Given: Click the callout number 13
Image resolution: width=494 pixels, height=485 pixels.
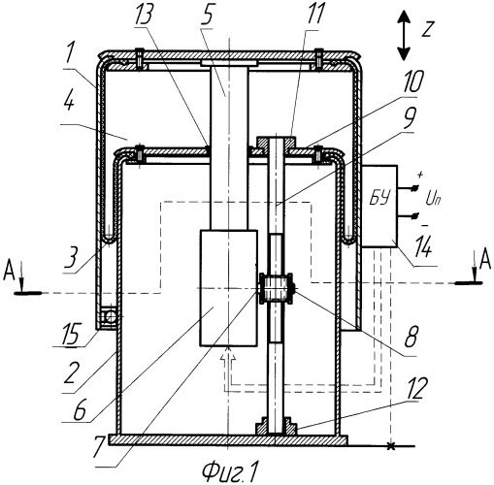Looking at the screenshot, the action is [x=144, y=15].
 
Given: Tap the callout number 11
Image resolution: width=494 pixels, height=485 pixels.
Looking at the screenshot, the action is [x=314, y=13].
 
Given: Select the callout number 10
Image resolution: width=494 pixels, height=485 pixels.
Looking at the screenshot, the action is [x=412, y=81].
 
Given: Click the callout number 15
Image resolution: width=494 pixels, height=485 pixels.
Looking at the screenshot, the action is [x=71, y=334].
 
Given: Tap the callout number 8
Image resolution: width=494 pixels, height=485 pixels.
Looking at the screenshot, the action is [x=412, y=337].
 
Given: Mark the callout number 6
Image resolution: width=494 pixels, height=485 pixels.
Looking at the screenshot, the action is [x=80, y=410].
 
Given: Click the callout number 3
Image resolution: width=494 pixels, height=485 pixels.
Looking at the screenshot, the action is [x=71, y=258].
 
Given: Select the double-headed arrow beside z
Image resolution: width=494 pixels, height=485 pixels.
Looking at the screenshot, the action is [x=404, y=36].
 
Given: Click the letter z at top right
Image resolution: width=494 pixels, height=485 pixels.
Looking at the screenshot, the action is [x=428, y=28].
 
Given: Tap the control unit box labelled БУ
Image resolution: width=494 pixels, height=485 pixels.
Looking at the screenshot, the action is [x=379, y=207].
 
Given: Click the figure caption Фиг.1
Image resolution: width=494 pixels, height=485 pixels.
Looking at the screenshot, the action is [x=231, y=472].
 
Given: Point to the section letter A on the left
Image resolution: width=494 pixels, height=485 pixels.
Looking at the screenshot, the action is [x=9, y=273].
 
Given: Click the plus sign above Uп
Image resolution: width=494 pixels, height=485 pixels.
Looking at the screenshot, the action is [x=420, y=175].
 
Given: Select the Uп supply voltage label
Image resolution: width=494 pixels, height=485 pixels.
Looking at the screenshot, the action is [x=433, y=200].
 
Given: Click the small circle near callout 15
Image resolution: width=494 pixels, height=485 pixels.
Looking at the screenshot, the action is [x=111, y=316].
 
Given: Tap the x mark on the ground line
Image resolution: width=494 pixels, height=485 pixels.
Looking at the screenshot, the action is [x=391, y=446].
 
